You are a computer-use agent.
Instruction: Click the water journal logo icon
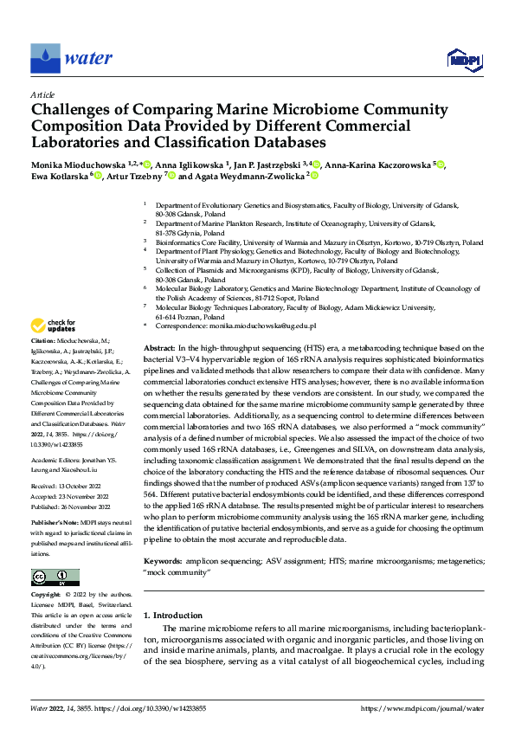click(x=45, y=58)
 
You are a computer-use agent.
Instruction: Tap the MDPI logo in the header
click(x=462, y=59)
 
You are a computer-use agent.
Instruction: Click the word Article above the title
click(x=42, y=94)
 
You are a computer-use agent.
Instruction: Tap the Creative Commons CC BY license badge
click(x=55, y=577)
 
